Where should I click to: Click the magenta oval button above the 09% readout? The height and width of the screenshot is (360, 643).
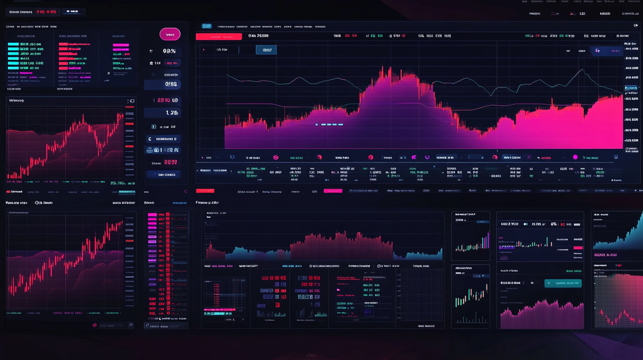coord(170,35)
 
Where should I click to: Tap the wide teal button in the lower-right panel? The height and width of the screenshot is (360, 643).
coord(563,283)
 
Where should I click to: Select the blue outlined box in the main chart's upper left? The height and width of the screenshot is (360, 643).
coord(266,50)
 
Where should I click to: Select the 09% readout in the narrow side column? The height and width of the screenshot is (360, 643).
coord(169,51)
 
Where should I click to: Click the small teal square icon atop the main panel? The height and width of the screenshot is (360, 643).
coord(206,26)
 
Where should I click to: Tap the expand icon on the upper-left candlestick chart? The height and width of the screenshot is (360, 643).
coord(132,101)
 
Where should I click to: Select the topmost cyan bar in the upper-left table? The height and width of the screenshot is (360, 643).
coord(23,44)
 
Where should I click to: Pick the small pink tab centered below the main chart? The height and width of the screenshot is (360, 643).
coord(333,191)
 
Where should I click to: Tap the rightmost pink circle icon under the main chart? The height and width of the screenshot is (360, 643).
coord(575,157)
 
